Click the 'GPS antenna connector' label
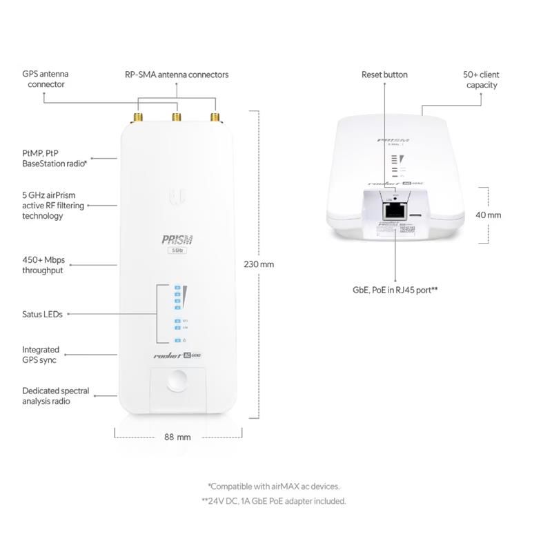point(46,79)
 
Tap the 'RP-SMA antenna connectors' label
point(177,75)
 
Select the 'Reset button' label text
point(384,75)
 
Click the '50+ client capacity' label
point(481,79)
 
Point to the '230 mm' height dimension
point(259,264)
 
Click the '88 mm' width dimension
point(177,437)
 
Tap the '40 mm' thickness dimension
point(489,215)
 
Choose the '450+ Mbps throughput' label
point(43,265)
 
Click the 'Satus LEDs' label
point(42,314)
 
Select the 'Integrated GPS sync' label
point(41,355)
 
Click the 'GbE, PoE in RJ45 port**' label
point(395,291)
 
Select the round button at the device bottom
point(177,381)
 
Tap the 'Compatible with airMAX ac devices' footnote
point(274,486)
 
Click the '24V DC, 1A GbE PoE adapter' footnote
point(274,502)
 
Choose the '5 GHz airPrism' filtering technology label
point(52,206)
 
